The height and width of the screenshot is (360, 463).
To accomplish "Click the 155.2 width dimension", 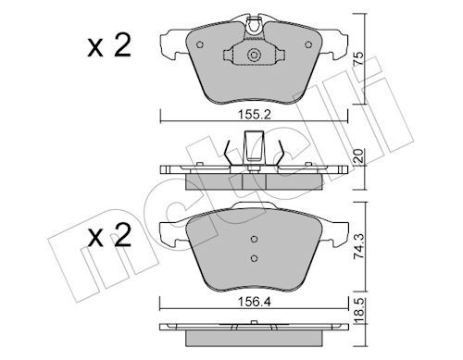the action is [254, 115].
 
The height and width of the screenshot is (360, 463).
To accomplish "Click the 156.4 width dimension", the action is [254, 302].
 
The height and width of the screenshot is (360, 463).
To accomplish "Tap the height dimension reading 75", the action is [358, 58].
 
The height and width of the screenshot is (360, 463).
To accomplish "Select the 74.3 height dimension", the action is [358, 246].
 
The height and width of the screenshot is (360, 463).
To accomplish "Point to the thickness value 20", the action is [358, 156].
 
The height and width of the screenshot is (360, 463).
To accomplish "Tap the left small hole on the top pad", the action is [200, 44].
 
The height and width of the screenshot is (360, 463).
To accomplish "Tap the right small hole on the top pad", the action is [308, 44].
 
